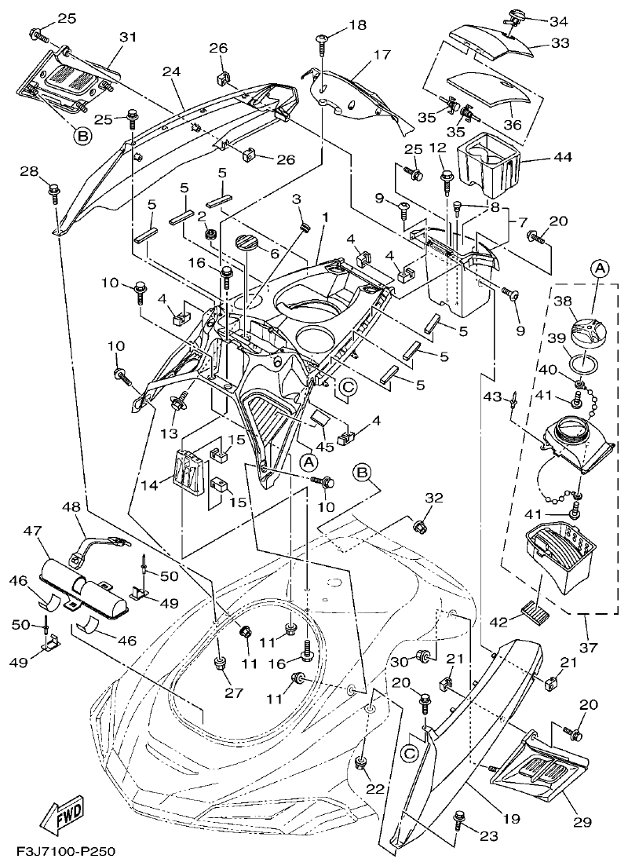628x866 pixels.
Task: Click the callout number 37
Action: click(588, 648)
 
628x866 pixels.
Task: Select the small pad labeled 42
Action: click(535, 608)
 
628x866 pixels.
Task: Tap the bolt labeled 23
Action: click(459, 820)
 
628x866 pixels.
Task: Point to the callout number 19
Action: click(511, 819)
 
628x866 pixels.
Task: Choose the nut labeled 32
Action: click(419, 524)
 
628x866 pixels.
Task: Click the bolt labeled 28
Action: click(54, 189)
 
